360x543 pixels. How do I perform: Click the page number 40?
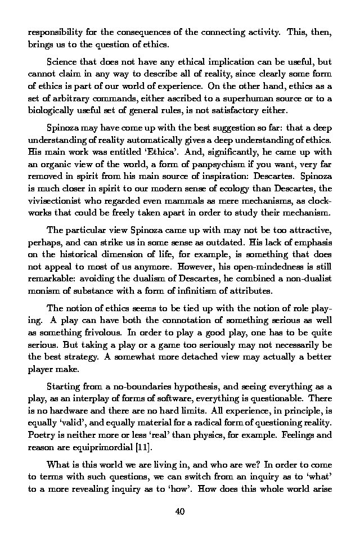click(180, 511)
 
